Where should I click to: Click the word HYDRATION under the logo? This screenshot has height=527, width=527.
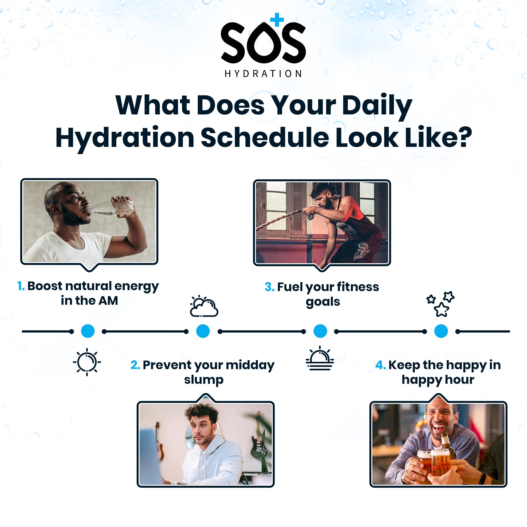pos(263,74)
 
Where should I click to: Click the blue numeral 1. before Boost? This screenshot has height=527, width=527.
pos(21,286)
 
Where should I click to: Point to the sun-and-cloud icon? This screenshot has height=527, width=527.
pos(204,307)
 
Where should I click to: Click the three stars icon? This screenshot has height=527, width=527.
pos(440,304)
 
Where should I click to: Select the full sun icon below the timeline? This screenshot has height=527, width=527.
pos(87,362)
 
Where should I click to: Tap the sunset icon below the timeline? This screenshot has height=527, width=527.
pos(320,358)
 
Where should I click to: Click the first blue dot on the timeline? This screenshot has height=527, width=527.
pos(88,331)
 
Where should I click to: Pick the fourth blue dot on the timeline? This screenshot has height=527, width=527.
pos(441,331)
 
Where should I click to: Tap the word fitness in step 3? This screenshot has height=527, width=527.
pos(358,287)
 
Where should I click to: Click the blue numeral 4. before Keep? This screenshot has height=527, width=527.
pos(381,365)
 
